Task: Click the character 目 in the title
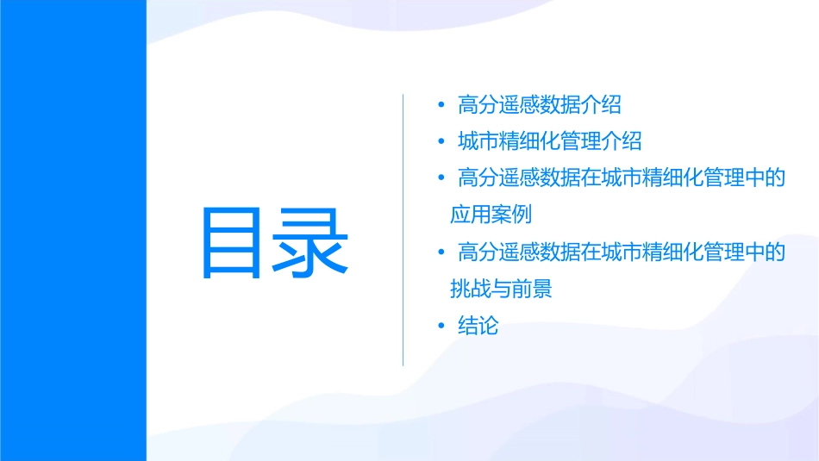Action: [x=236, y=243]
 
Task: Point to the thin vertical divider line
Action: [x=403, y=230]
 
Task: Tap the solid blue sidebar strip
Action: [x=72, y=230]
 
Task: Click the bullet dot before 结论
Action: [x=441, y=326]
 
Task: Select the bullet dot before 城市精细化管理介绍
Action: [x=441, y=141]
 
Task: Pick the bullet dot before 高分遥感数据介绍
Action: [x=441, y=105]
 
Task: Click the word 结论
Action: [x=478, y=326]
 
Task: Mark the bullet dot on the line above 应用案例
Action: [x=441, y=178]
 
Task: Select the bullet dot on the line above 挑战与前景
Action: [x=441, y=252]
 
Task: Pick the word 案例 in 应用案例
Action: [x=512, y=215]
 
